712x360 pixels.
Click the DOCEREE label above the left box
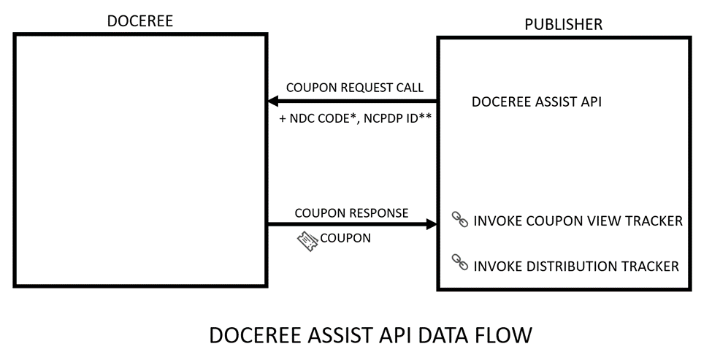pyautogui.click(x=140, y=21)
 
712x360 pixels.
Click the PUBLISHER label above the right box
pyautogui.click(x=564, y=24)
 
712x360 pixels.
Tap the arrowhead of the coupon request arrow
pyautogui.click(x=273, y=101)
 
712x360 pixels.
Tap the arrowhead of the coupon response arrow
pyautogui.click(x=432, y=223)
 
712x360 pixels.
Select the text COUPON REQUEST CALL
pyautogui.click(x=355, y=88)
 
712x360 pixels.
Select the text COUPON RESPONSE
pyautogui.click(x=351, y=213)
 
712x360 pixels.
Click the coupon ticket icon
pyautogui.click(x=307, y=241)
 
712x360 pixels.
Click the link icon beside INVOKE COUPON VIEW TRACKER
pyautogui.click(x=460, y=220)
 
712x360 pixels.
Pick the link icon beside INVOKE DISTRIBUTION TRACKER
pyautogui.click(x=460, y=262)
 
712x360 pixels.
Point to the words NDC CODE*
pyautogui.click(x=321, y=119)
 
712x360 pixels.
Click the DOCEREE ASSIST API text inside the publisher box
pyautogui.click(x=537, y=102)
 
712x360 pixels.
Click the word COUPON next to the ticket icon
pyautogui.click(x=345, y=238)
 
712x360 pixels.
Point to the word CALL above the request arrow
pyautogui.click(x=410, y=88)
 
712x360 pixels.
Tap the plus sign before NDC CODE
pyautogui.click(x=283, y=119)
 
